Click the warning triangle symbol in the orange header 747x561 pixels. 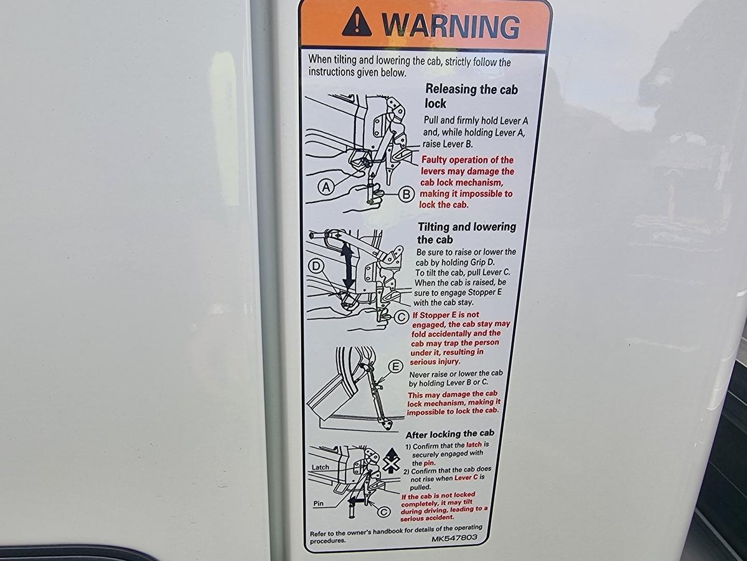pyautogui.click(x=356, y=23)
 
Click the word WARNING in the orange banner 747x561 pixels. pyautogui.click(x=451, y=26)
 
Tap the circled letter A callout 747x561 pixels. pyautogui.click(x=326, y=187)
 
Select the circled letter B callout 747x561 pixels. pyautogui.click(x=406, y=194)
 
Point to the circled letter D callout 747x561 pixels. pyautogui.click(x=316, y=266)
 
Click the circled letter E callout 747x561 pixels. pyautogui.click(x=395, y=367)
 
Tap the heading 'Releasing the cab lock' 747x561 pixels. pyautogui.click(x=471, y=96)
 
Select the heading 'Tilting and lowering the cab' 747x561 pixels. pyautogui.click(x=467, y=233)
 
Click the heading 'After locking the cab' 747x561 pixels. pyautogui.click(x=449, y=434)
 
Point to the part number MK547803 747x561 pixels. pyautogui.click(x=454, y=538)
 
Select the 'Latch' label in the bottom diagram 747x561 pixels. pyautogui.click(x=320, y=467)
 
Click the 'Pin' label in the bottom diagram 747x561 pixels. pyautogui.click(x=319, y=503)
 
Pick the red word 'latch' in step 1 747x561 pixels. pyautogui.click(x=474, y=444)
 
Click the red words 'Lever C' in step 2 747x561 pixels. pyautogui.click(x=466, y=478)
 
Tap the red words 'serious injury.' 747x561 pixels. pyautogui.click(x=435, y=362)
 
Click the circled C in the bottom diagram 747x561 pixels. pyautogui.click(x=383, y=512)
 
